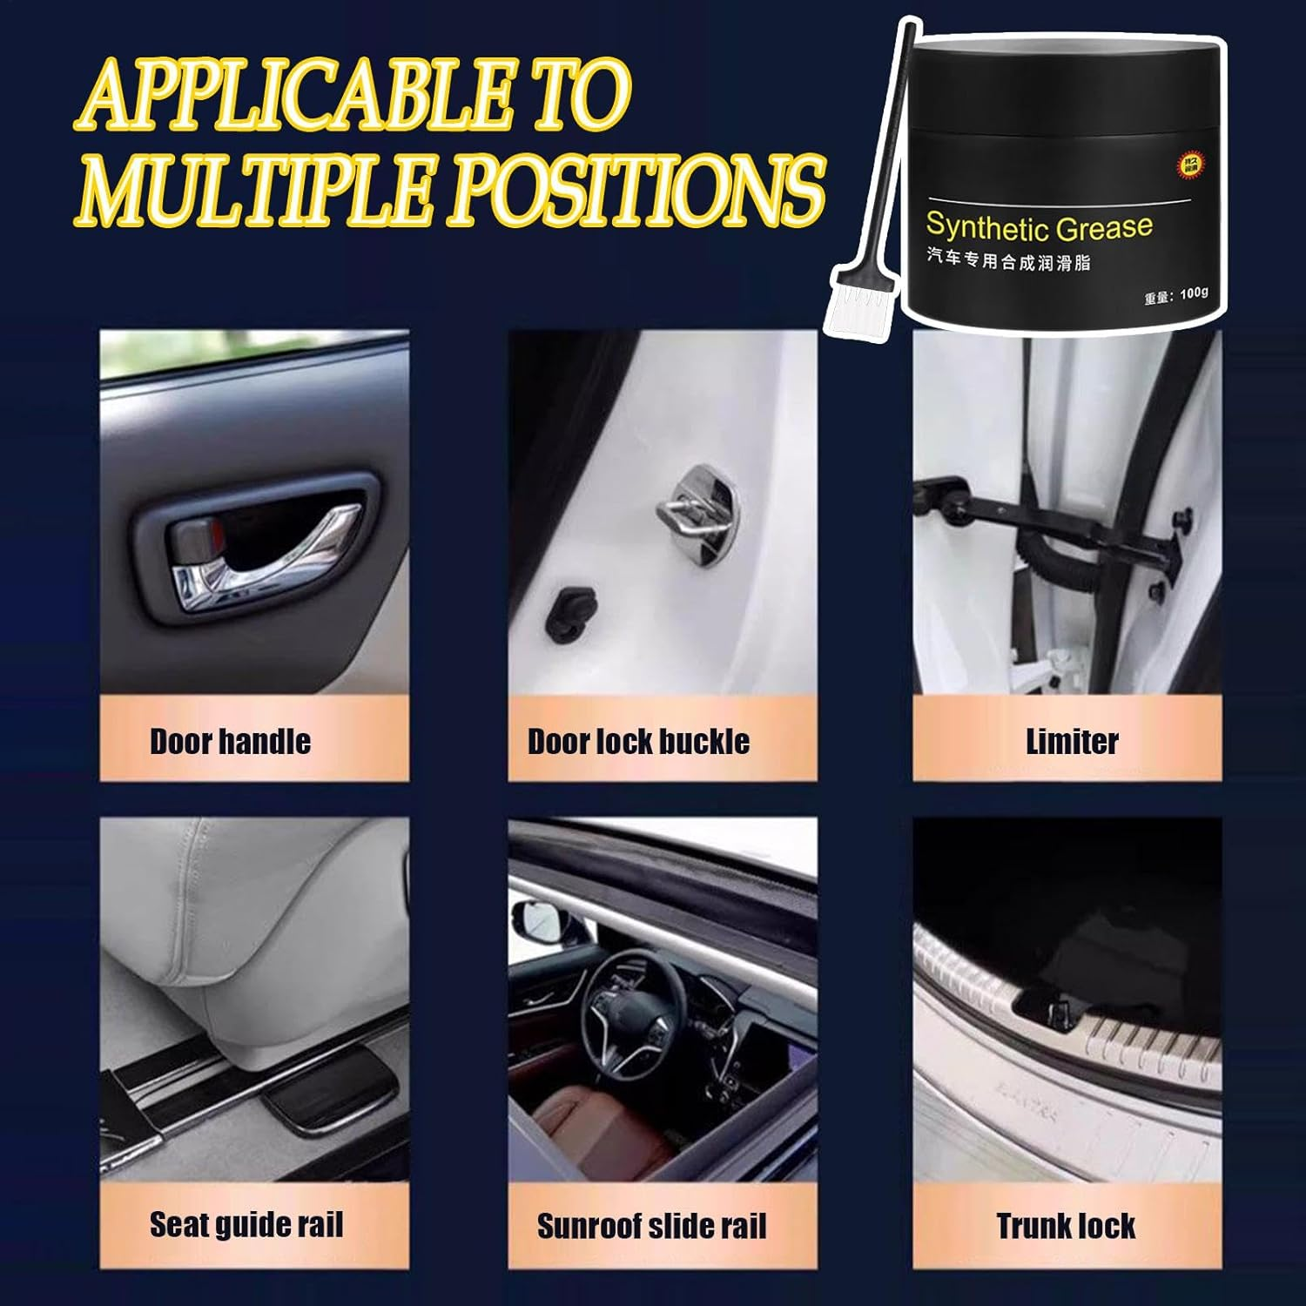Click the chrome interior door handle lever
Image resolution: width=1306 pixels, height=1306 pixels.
pos(261,557)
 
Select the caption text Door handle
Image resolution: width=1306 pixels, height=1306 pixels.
pos(230,742)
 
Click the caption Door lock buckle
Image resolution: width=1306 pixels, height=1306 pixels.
pos(638,742)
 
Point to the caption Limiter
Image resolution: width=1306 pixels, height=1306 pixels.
pos(1071,742)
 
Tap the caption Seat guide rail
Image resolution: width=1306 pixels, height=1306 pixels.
pos(246,1225)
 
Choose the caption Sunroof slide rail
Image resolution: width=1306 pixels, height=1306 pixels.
pos(651,1226)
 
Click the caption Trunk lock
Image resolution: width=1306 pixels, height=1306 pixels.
pos(1066,1226)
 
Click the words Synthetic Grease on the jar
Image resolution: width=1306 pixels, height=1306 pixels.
pos(1038,227)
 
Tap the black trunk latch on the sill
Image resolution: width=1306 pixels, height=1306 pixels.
pos(1055,1010)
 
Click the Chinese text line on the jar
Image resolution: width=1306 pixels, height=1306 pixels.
pos(1007,259)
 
